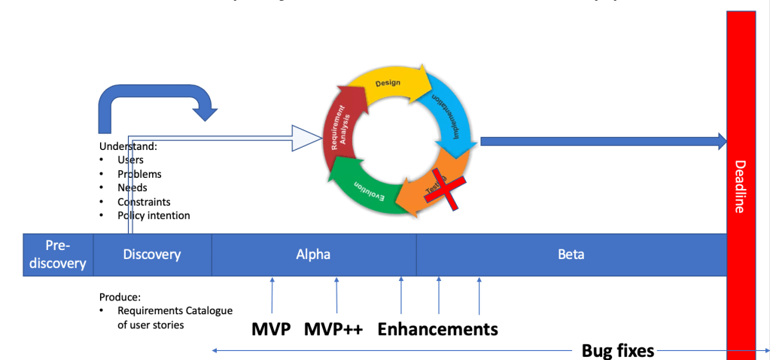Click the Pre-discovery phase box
pos(57,255)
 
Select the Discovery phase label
pos(152,255)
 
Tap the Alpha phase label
pos(313,255)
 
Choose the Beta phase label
pos(571,255)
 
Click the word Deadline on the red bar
pos(740,187)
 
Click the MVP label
pos(271,330)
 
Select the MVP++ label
pos(333,330)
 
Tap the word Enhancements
pos(437,330)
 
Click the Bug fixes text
pos(618,350)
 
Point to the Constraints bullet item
pos(144,202)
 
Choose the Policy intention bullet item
pos(154,215)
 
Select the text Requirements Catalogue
pos(175,310)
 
